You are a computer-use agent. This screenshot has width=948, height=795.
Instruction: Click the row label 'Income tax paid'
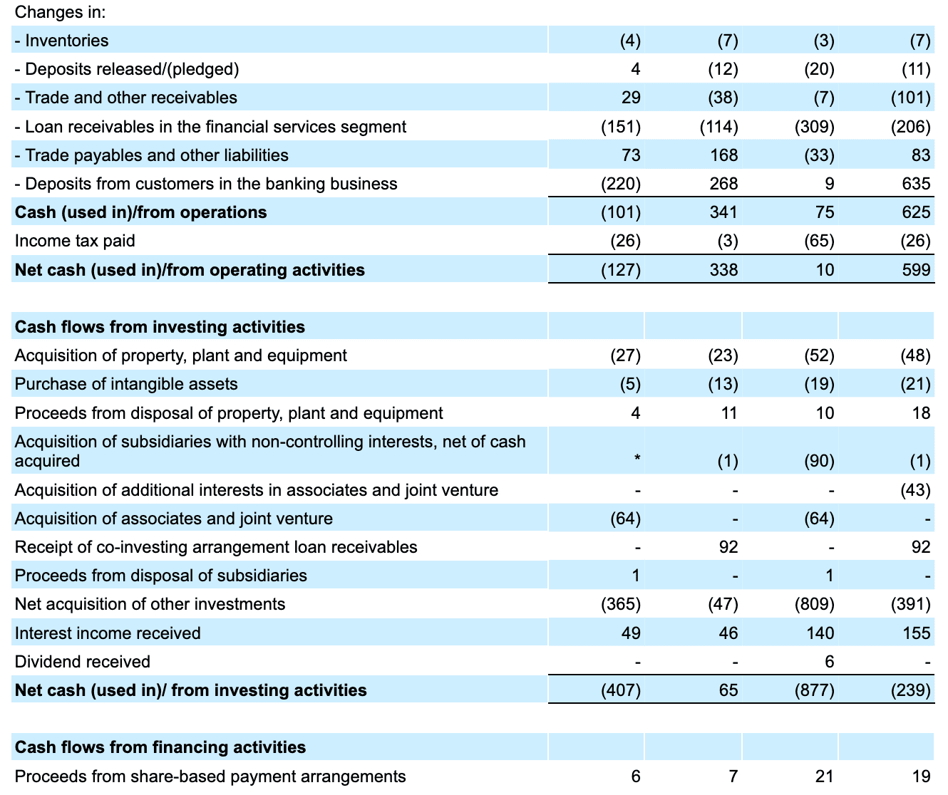pos(75,241)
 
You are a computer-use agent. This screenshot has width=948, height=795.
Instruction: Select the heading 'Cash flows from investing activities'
pos(160,327)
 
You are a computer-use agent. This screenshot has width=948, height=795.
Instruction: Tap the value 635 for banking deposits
pos(916,184)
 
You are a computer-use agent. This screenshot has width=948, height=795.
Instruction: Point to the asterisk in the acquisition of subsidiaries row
pos(637,461)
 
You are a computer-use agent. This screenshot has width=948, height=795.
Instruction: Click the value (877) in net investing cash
pos(814,690)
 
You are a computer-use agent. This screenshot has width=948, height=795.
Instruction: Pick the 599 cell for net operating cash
pos(916,270)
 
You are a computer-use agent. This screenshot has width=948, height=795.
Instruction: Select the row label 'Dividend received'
pos(83,662)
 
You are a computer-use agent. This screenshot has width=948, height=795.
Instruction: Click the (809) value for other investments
pos(814,604)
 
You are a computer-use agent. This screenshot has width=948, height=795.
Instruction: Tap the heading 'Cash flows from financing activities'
pos(160,747)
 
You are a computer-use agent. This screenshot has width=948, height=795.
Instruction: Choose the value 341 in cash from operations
pos(723,212)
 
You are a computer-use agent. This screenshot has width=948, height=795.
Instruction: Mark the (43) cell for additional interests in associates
pos(915,490)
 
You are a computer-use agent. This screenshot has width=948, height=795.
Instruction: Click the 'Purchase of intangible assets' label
pos(126,384)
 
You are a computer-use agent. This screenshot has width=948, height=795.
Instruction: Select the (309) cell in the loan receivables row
pos(814,127)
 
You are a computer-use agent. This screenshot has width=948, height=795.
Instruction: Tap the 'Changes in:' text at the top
pos(60,12)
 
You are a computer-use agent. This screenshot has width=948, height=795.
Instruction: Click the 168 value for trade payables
pos(723,155)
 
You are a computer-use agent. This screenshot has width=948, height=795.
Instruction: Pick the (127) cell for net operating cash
pos(620,270)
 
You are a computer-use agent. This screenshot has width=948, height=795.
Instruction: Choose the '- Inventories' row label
pos(62,41)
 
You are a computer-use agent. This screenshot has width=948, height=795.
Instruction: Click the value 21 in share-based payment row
pos(824,776)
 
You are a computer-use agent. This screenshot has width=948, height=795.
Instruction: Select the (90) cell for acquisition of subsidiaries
pos(819,461)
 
